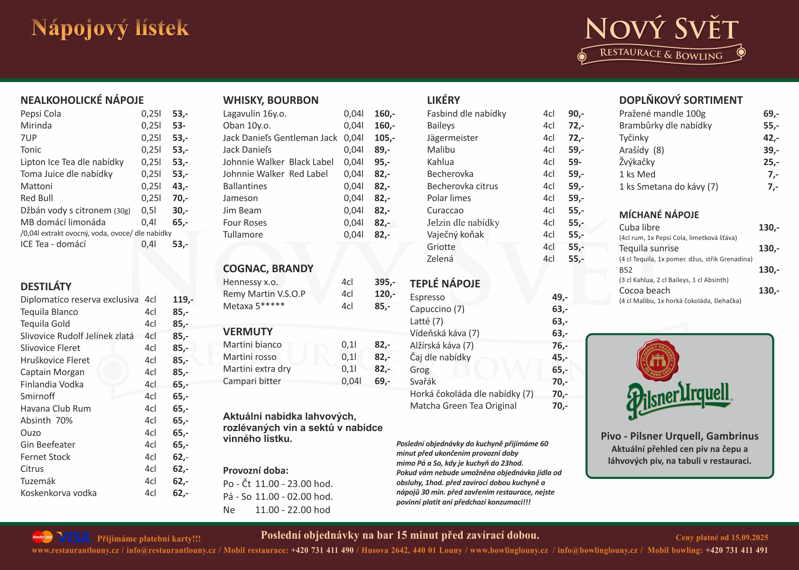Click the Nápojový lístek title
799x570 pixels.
click(110, 28)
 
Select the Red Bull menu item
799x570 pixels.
click(37, 198)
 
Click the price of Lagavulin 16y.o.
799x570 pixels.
click(384, 114)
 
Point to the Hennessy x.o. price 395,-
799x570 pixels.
click(384, 282)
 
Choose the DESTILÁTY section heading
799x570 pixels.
click(46, 286)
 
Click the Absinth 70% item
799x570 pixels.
click(46, 421)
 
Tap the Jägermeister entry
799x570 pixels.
click(453, 138)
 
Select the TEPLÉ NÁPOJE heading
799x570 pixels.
click(445, 284)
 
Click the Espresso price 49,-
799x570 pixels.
click(559, 297)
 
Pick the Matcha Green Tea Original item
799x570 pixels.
click(463, 406)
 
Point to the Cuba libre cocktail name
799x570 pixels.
click(639, 228)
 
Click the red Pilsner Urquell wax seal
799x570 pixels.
click(658, 361)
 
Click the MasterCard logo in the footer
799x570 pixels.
click(42, 537)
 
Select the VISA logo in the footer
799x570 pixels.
click(74, 537)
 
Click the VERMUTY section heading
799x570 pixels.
click(248, 332)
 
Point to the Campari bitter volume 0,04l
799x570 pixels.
click(351, 381)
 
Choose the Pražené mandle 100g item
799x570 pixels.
click(662, 114)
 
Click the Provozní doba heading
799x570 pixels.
click(256, 471)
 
